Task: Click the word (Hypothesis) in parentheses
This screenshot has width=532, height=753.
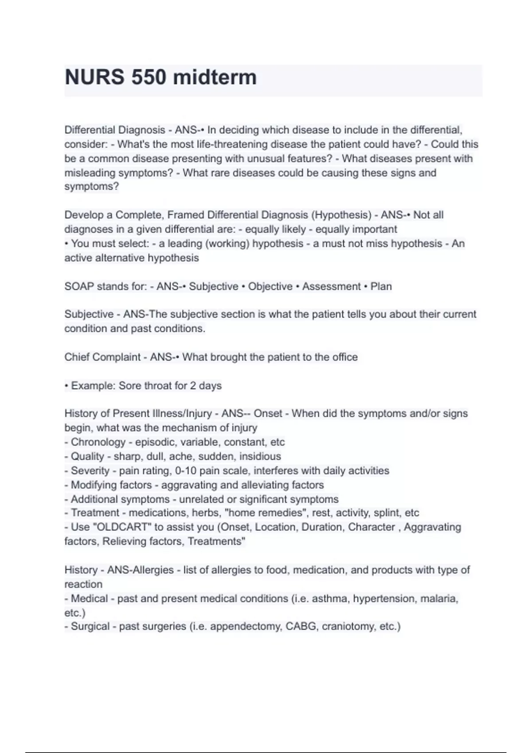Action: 341,215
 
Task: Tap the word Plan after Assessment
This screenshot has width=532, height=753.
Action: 381,287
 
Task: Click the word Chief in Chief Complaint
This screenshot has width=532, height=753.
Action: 76,357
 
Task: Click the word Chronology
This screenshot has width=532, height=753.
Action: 98,442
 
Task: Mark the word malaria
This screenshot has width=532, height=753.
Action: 438,599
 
